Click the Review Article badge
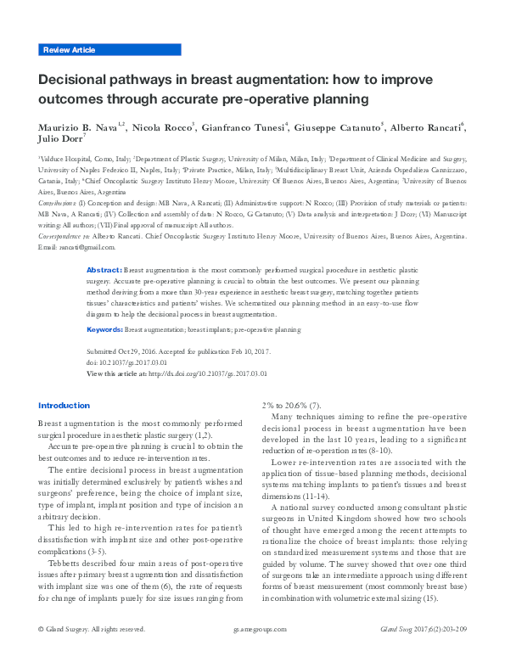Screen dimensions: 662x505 coord(69,51)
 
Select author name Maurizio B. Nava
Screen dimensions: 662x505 coord(77,127)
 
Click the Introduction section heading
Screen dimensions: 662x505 coord(64,406)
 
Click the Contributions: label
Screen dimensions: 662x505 coord(61,205)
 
